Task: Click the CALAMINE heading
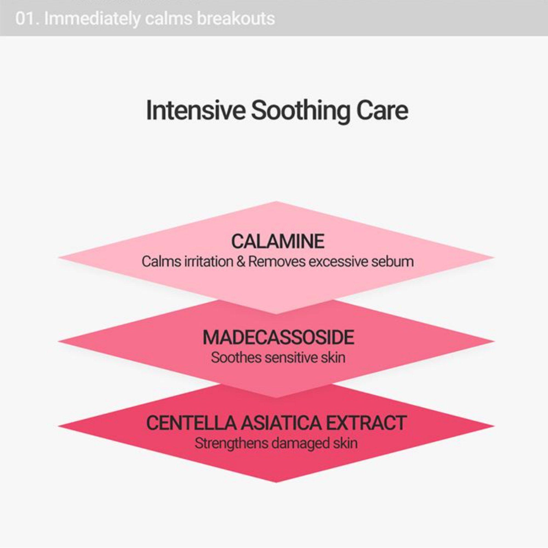pyautogui.click(x=278, y=241)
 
